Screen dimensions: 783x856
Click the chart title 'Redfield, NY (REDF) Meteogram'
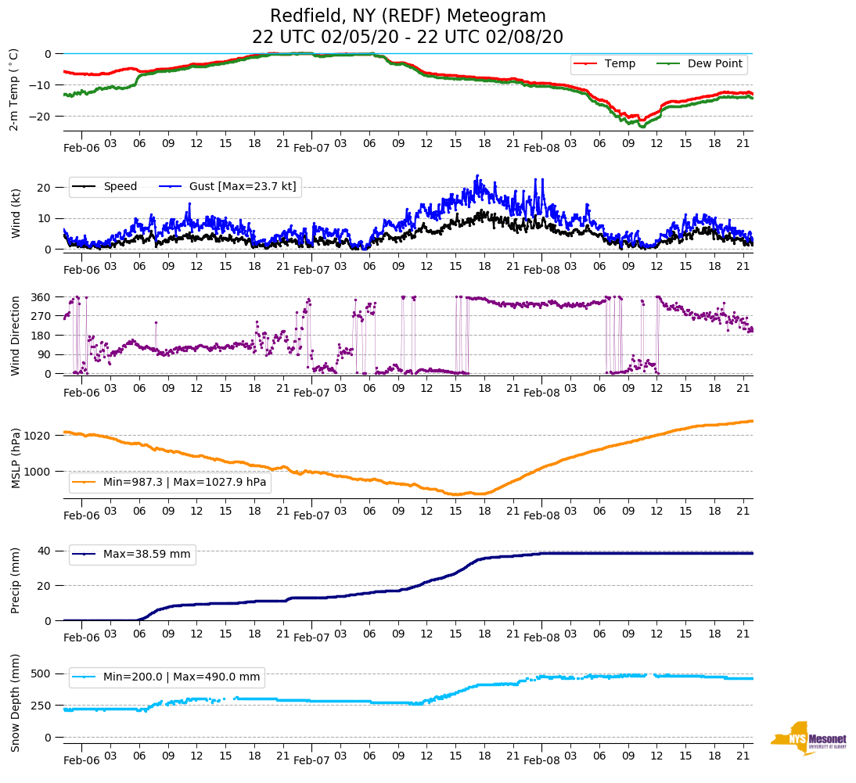408,16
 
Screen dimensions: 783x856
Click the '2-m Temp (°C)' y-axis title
14,89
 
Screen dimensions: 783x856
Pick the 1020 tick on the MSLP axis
38,436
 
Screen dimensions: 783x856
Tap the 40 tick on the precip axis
45,551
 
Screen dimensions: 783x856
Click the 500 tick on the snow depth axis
42,673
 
